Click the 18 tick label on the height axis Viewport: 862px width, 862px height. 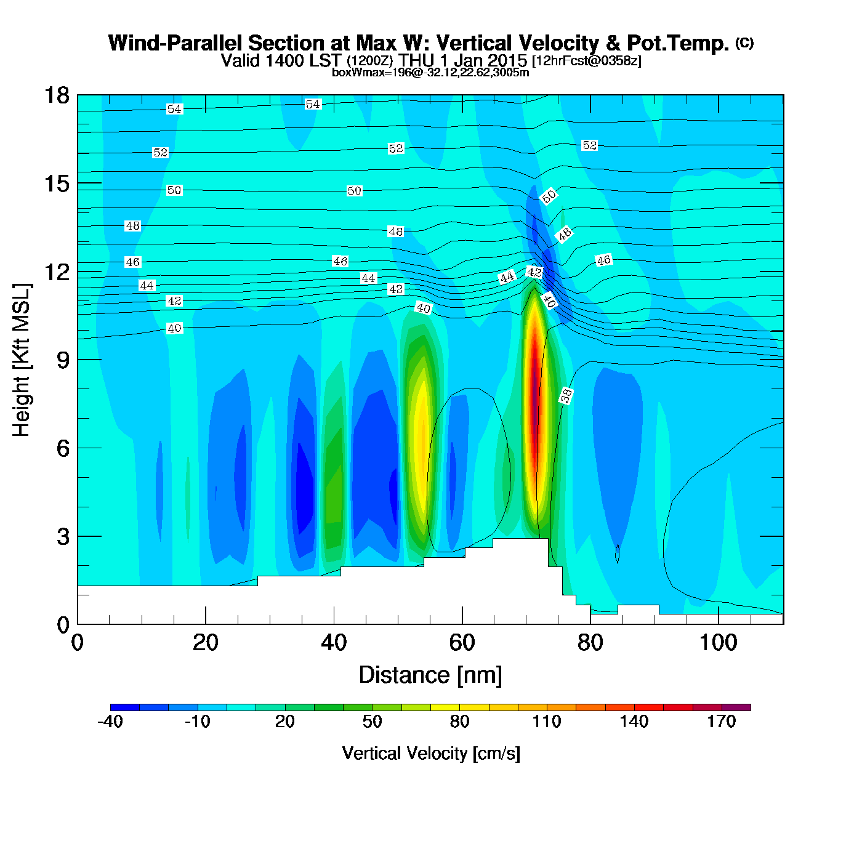(56, 95)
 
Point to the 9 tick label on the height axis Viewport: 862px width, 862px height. (63, 360)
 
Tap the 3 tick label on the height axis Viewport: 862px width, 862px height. (63, 537)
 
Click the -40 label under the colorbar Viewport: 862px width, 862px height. (110, 722)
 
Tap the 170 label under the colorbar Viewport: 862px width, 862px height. (721, 722)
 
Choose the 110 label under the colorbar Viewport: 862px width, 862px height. (546, 722)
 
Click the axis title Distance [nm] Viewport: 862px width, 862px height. (430, 675)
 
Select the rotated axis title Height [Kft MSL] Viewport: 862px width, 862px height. (22, 360)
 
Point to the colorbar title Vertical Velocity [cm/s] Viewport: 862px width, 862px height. (431, 754)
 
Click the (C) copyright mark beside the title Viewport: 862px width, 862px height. (744, 42)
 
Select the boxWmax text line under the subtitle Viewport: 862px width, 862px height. (430, 73)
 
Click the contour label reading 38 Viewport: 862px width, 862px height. (566, 396)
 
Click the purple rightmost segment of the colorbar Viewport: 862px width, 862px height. (736, 707)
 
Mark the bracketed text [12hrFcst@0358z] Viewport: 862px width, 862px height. (587, 61)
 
